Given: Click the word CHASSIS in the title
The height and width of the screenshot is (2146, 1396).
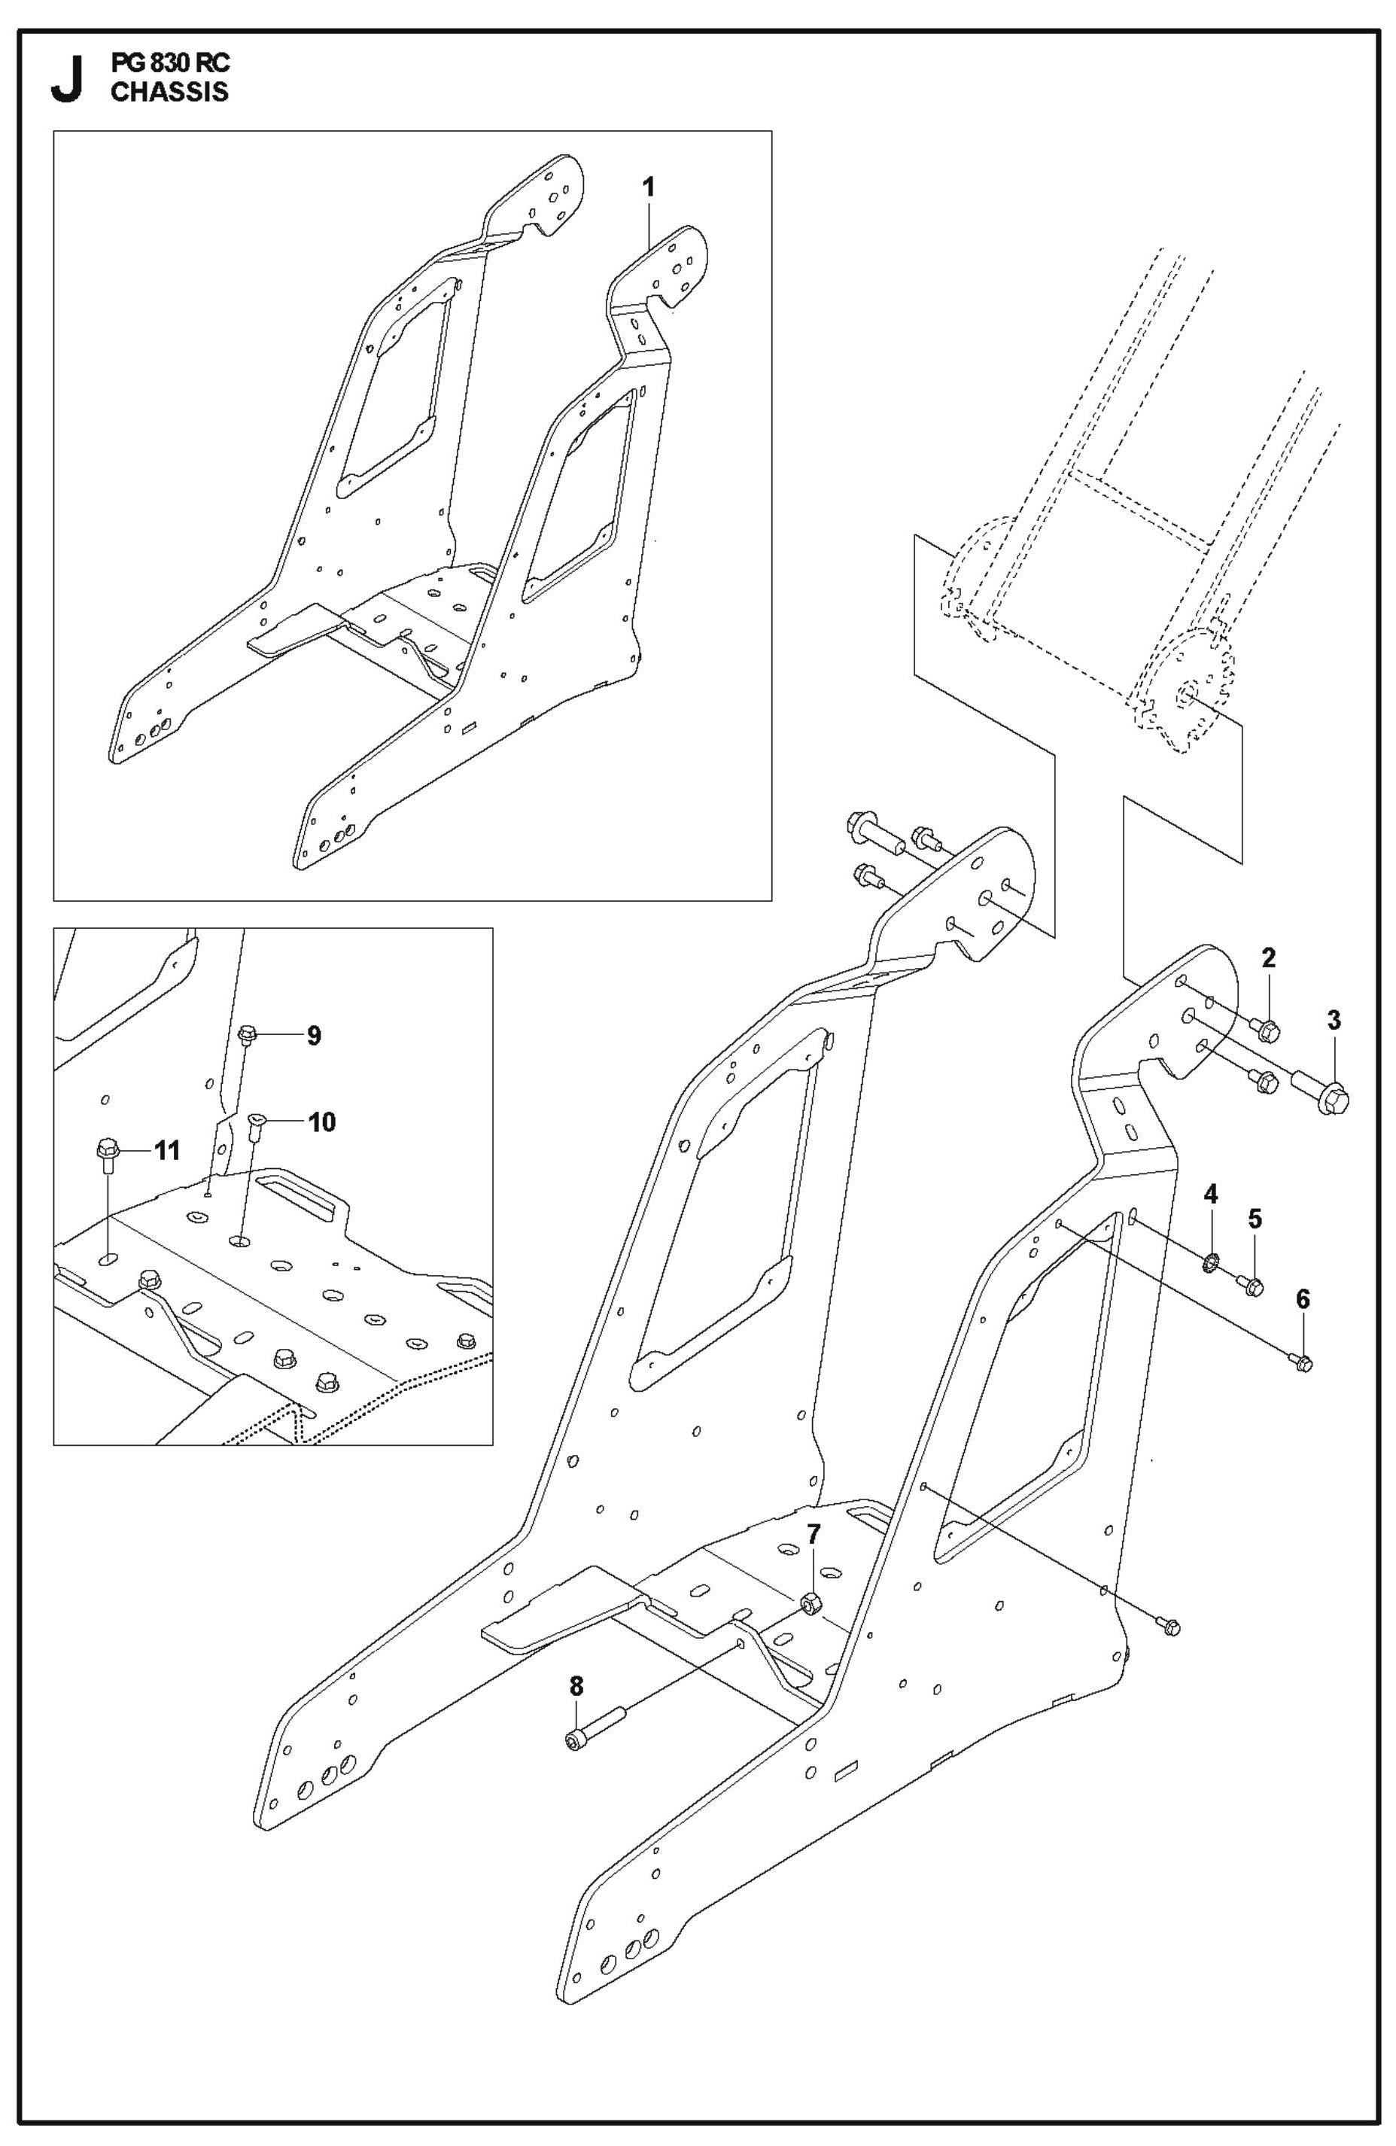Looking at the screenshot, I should pyautogui.click(x=169, y=92).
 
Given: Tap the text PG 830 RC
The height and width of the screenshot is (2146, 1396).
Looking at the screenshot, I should pyautogui.click(x=170, y=64).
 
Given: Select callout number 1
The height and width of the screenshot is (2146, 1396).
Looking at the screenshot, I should pyautogui.click(x=648, y=187).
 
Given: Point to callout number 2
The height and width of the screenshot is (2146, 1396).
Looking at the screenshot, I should pyautogui.click(x=1268, y=958).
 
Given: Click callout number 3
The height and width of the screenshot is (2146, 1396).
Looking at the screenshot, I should pyautogui.click(x=1334, y=1021).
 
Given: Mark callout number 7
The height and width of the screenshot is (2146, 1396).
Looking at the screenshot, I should pyautogui.click(x=813, y=1532).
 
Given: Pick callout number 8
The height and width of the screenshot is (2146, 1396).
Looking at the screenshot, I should pyautogui.click(x=576, y=1685).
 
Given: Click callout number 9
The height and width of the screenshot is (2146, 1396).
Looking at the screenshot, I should pyautogui.click(x=314, y=1035).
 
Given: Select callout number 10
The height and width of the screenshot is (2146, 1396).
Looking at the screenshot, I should pyautogui.click(x=322, y=1122).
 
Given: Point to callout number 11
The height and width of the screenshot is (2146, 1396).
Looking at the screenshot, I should pyautogui.click(x=167, y=1151).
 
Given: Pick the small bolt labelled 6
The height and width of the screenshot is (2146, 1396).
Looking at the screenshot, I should pyautogui.click(x=1301, y=1364).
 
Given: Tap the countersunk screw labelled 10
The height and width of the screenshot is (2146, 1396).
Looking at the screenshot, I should pyautogui.click(x=255, y=1125).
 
